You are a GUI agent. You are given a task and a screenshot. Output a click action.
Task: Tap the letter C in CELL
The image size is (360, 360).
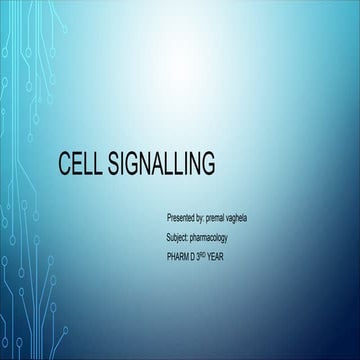pos(66,164)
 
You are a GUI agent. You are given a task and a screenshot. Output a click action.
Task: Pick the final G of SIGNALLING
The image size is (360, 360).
pos(207,164)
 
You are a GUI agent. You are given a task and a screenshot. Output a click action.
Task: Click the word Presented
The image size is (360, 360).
pos(182,216)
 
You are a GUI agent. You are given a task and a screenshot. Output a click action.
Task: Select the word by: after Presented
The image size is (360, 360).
pos(208,216)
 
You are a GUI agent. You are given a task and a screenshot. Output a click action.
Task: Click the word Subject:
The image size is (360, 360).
pos(181,237)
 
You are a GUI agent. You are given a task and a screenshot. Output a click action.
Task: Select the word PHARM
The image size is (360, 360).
pos(180,257)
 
